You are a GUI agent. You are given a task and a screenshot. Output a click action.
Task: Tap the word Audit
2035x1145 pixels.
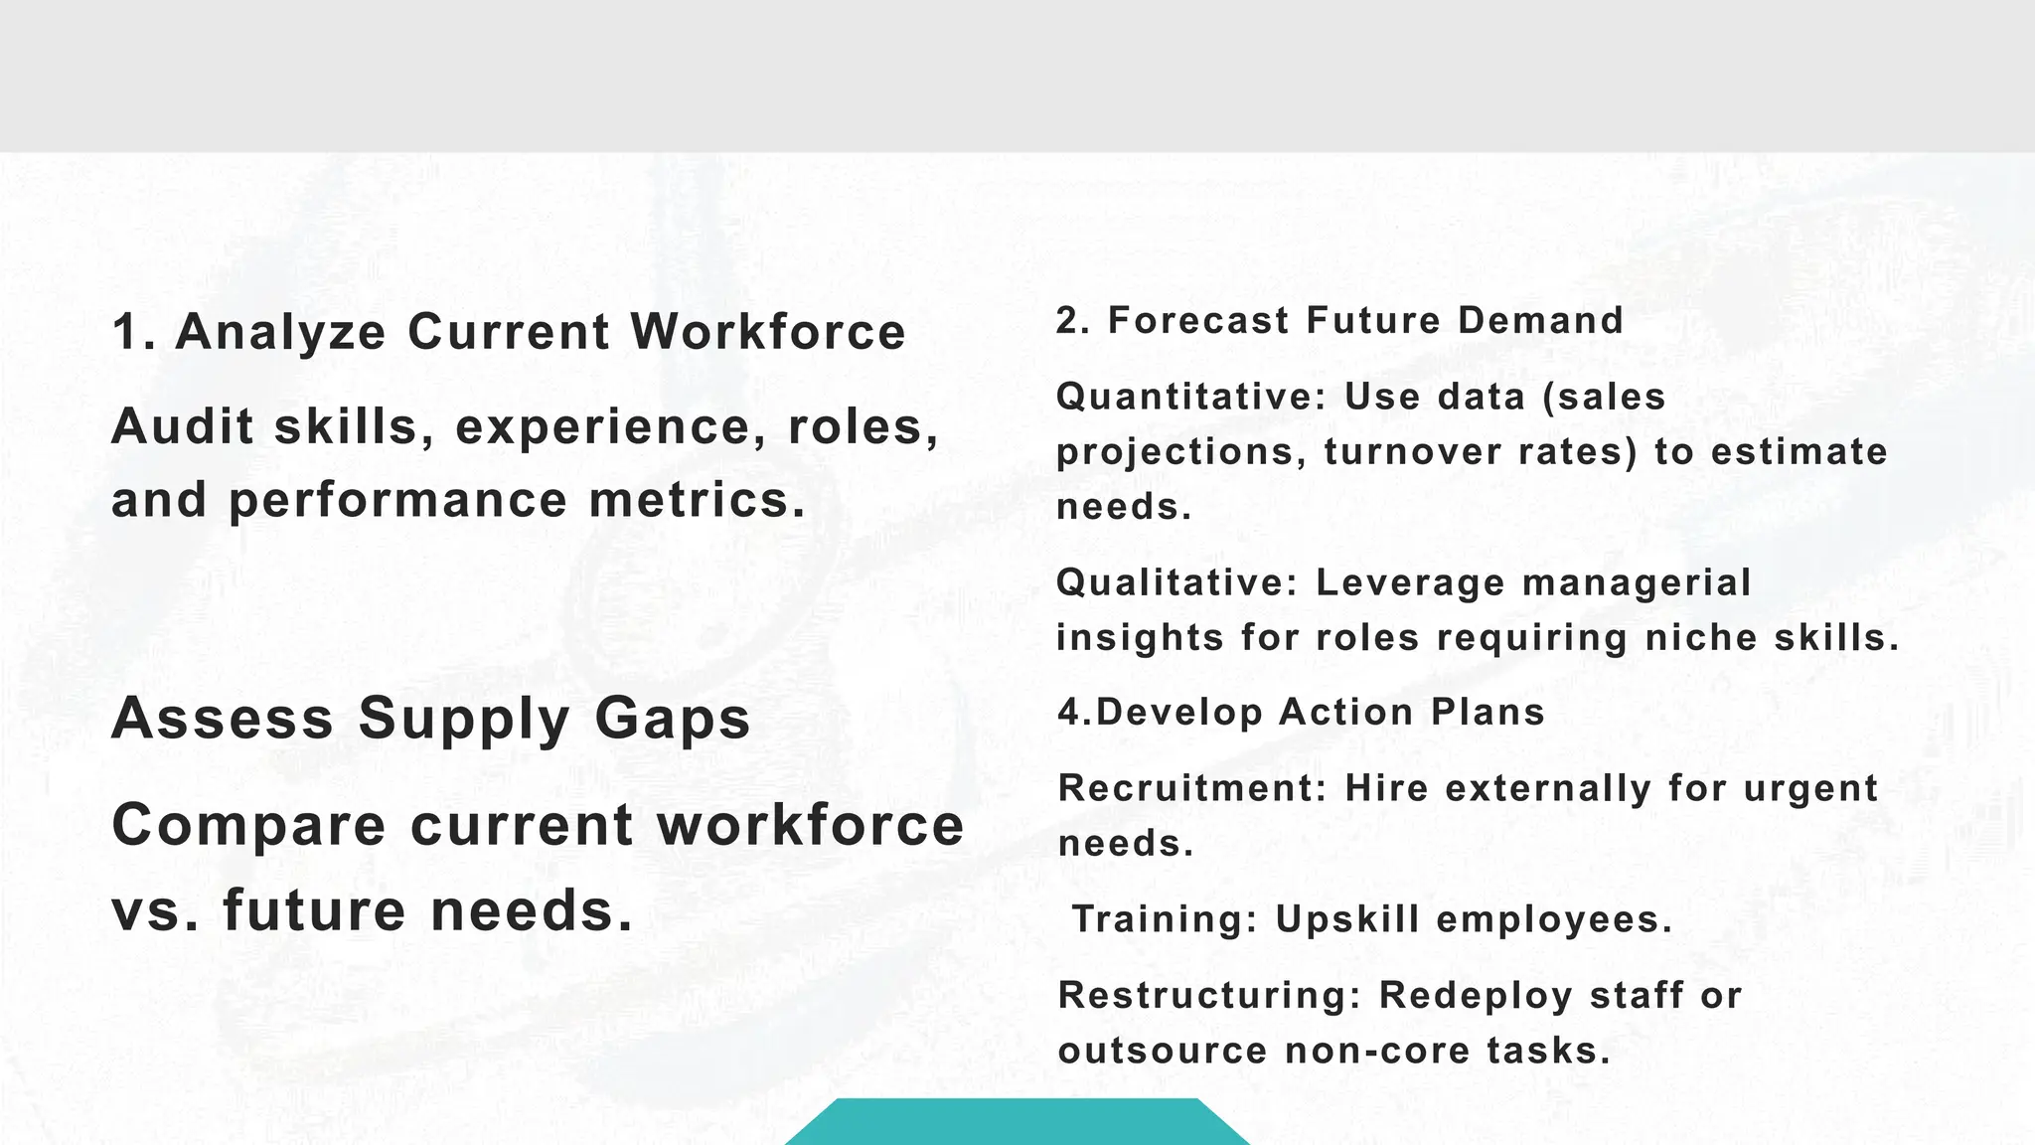[182, 427]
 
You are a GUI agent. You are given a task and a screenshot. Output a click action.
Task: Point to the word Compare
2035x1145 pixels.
[248, 826]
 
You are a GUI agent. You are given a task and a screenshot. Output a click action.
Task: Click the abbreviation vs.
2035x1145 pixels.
[155, 911]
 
